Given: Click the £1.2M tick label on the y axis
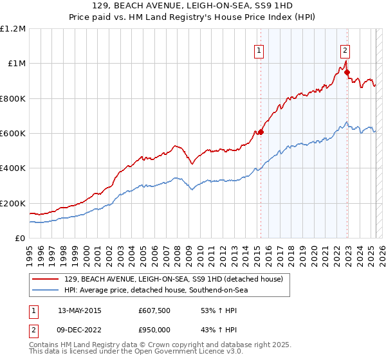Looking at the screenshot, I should pyautogui.click(x=14, y=28).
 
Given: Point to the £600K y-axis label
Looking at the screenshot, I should pyautogui.click(x=13, y=134).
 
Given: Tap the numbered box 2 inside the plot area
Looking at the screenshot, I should pyautogui.click(x=345, y=51).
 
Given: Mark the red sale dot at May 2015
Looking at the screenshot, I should pyautogui.click(x=261, y=132).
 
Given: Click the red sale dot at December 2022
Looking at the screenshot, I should pyautogui.click(x=348, y=72).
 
